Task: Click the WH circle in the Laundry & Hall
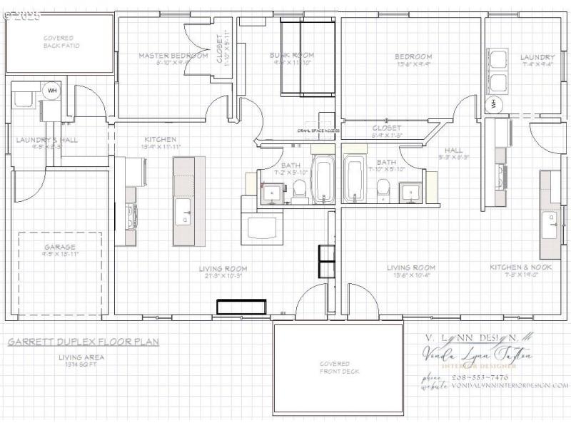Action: [51, 91]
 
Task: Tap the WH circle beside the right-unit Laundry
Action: [494, 103]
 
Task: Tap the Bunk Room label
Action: [291, 55]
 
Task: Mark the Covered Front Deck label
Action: [339, 367]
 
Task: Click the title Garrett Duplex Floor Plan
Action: [84, 342]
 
